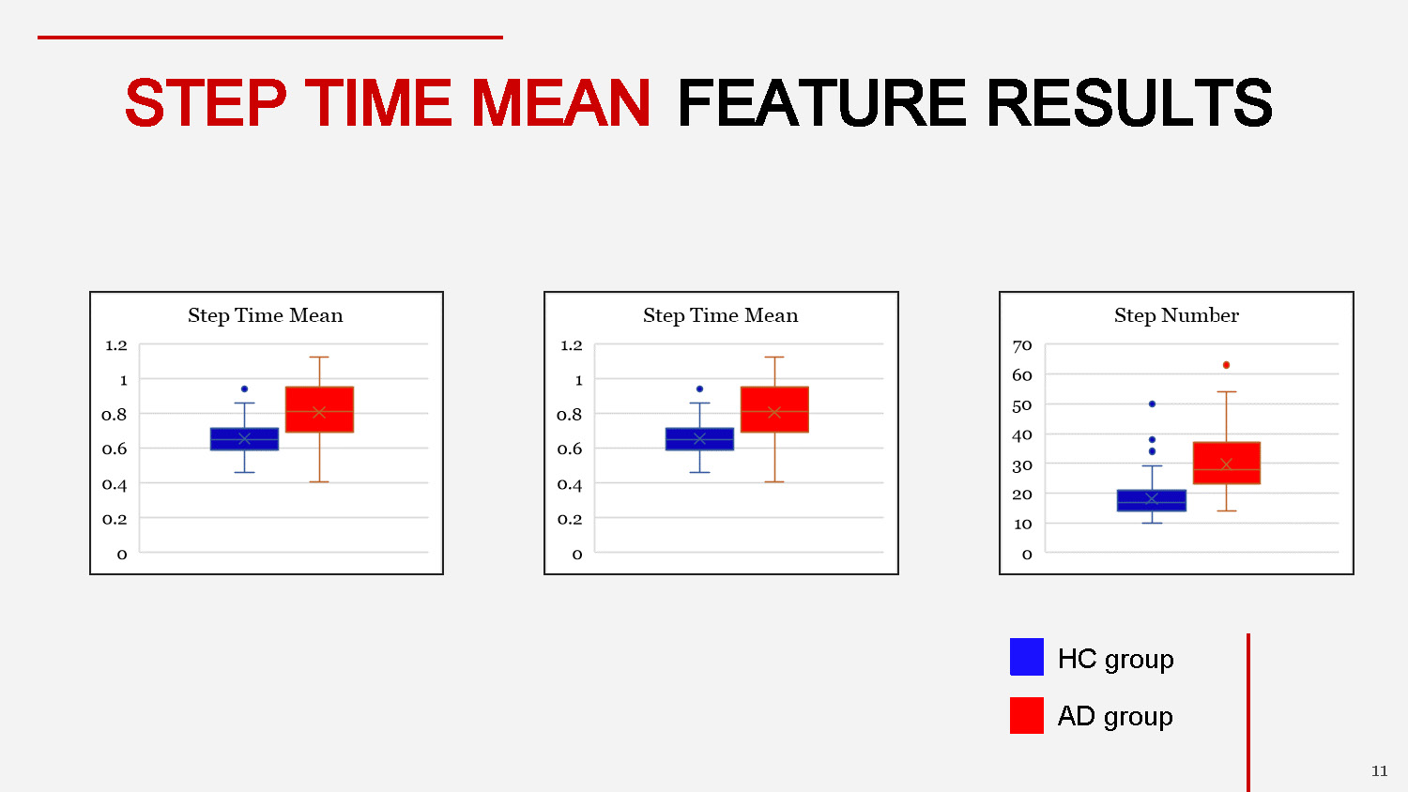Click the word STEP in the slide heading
206,103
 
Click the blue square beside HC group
1026,657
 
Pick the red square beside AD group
1026,715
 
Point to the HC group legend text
1115,659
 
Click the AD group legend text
1115,717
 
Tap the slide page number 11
1379,771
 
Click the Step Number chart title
1176,315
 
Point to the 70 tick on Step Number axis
1022,345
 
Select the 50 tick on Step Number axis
1022,405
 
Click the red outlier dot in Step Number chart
1226,365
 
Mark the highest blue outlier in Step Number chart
1152,404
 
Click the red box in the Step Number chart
1226,463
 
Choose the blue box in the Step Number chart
1152,500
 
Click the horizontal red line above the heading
270,38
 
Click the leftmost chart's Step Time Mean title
266,315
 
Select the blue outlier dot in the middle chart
699,388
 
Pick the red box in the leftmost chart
319,409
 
